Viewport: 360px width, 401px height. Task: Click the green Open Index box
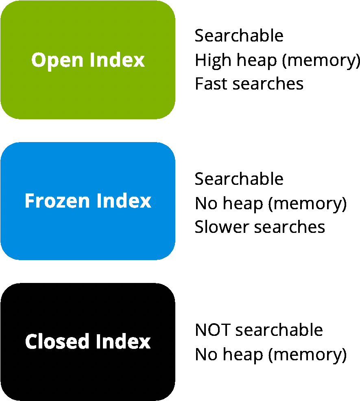click(x=88, y=60)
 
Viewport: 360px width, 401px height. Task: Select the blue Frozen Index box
click(x=88, y=201)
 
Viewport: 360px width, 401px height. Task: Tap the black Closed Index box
click(x=88, y=342)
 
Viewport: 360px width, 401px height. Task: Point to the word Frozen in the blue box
click(x=57, y=201)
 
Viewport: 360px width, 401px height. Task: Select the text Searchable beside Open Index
click(x=239, y=35)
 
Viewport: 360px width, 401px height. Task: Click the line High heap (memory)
click(x=277, y=61)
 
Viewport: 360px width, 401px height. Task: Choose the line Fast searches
click(x=249, y=83)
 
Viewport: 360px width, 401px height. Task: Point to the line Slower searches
click(x=260, y=227)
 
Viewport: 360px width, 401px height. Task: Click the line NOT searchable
click(x=259, y=330)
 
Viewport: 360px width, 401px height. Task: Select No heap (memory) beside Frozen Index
click(x=271, y=204)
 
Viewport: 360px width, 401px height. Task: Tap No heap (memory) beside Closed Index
click(x=271, y=355)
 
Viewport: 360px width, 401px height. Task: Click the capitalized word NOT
click(x=213, y=330)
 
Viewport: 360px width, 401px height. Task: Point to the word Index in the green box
click(x=117, y=60)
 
